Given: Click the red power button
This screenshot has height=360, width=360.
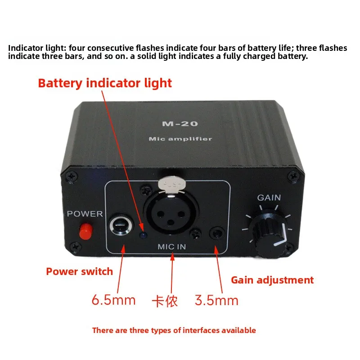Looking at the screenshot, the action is coord(86,231).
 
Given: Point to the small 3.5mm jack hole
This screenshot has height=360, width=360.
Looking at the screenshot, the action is coord(217,233).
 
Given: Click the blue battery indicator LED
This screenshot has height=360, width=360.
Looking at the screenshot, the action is coord(144,235).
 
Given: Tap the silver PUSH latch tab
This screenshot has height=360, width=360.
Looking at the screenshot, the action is coord(171,184).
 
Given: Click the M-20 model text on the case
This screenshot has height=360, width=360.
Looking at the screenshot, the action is coord(180,124).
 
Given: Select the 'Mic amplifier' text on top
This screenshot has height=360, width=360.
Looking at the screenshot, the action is coord(180,139).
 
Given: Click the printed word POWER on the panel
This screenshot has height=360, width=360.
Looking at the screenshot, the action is coord(85,214).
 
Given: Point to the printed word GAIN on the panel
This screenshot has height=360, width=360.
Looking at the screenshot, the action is coord(269,198).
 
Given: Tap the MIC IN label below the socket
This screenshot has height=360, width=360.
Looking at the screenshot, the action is coord(172,247).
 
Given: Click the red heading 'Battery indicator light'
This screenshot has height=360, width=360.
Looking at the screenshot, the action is coord(105,83).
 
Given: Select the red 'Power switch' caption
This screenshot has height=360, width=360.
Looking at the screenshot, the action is coord(80,272).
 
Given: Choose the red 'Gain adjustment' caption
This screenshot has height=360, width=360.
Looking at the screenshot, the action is coord(272,280).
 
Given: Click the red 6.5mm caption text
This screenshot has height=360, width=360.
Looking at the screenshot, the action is coord(113,300).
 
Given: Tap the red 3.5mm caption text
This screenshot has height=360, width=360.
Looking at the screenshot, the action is coord(216,300).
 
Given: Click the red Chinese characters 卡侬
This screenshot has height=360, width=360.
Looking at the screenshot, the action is coord(165,301).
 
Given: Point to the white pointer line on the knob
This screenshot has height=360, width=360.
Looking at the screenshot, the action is coord(283,236).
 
